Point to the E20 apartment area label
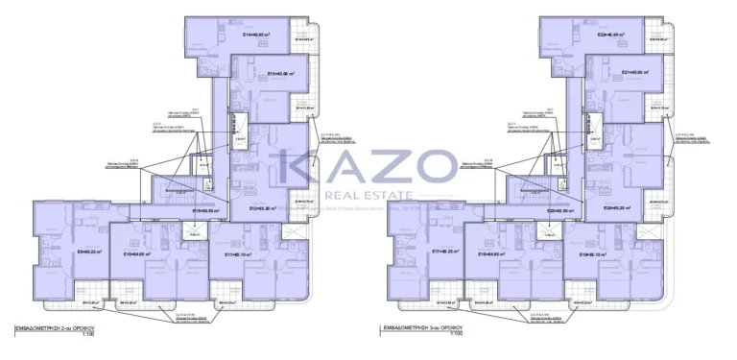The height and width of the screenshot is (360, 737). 617,207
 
